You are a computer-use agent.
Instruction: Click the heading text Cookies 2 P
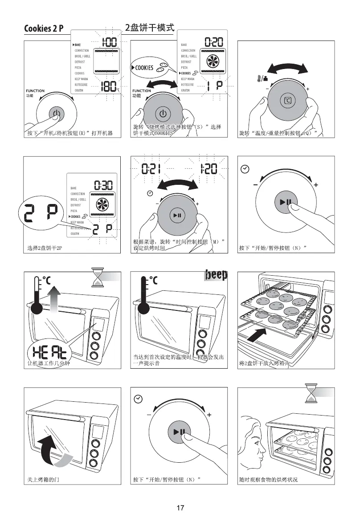pos(44,29)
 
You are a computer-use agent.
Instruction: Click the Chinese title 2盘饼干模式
pos(149,28)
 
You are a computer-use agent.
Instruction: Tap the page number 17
pos(180,508)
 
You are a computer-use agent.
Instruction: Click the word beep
pos(216,275)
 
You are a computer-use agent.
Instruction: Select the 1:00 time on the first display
pos(109,43)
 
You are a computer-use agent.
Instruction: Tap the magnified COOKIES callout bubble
pos(149,67)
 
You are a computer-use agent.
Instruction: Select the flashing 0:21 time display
pos(151,169)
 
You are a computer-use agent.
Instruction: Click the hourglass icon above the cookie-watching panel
pos(310,394)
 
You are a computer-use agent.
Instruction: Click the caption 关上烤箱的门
pos(41,480)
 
